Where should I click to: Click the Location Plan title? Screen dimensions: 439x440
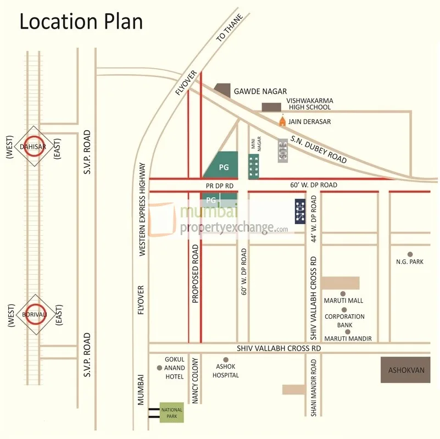click(x=81, y=21)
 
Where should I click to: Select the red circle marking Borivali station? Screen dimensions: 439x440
click(x=33, y=314)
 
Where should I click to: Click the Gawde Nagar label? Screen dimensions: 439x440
click(x=260, y=91)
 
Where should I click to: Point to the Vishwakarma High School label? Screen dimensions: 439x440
click(x=311, y=104)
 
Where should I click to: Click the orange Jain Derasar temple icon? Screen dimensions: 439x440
click(x=282, y=120)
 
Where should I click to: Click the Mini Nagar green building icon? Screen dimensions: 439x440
click(x=253, y=166)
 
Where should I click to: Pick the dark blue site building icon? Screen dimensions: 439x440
click(x=300, y=210)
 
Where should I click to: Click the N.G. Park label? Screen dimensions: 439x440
click(x=410, y=262)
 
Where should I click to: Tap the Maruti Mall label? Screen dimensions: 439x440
click(x=343, y=301)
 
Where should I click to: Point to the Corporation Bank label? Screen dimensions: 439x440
click(x=344, y=321)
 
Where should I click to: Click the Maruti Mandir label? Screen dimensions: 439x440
click(x=348, y=338)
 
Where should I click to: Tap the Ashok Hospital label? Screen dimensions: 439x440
click(x=226, y=371)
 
